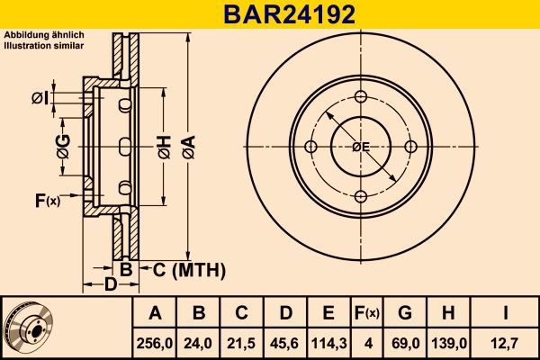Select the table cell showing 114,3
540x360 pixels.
click(328, 341)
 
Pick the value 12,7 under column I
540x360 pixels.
click(506, 341)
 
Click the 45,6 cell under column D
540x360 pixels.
click(285, 341)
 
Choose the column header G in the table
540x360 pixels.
click(405, 313)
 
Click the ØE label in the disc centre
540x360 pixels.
click(360, 147)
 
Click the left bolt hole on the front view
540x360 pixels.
click(311, 147)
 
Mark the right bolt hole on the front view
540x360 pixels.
click(410, 147)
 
